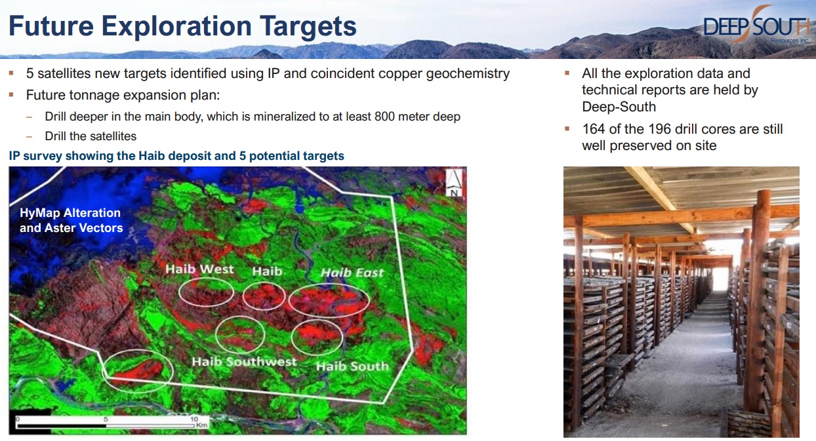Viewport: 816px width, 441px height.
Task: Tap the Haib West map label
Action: coord(199,269)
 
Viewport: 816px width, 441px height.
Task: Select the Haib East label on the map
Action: coord(352,273)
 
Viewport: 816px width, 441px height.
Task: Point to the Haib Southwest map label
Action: coord(244,362)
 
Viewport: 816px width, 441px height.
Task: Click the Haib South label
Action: coord(352,366)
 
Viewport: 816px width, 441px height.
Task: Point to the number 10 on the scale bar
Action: coord(194,419)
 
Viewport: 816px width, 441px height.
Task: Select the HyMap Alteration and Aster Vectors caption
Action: coord(71,220)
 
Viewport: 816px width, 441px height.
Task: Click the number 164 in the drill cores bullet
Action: coord(594,129)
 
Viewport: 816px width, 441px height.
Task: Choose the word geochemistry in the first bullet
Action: coord(468,73)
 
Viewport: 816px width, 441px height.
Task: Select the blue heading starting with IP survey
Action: coord(176,156)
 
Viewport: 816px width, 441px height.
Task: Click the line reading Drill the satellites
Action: coord(91,136)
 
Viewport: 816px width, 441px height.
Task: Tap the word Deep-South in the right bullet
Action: coord(619,107)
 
